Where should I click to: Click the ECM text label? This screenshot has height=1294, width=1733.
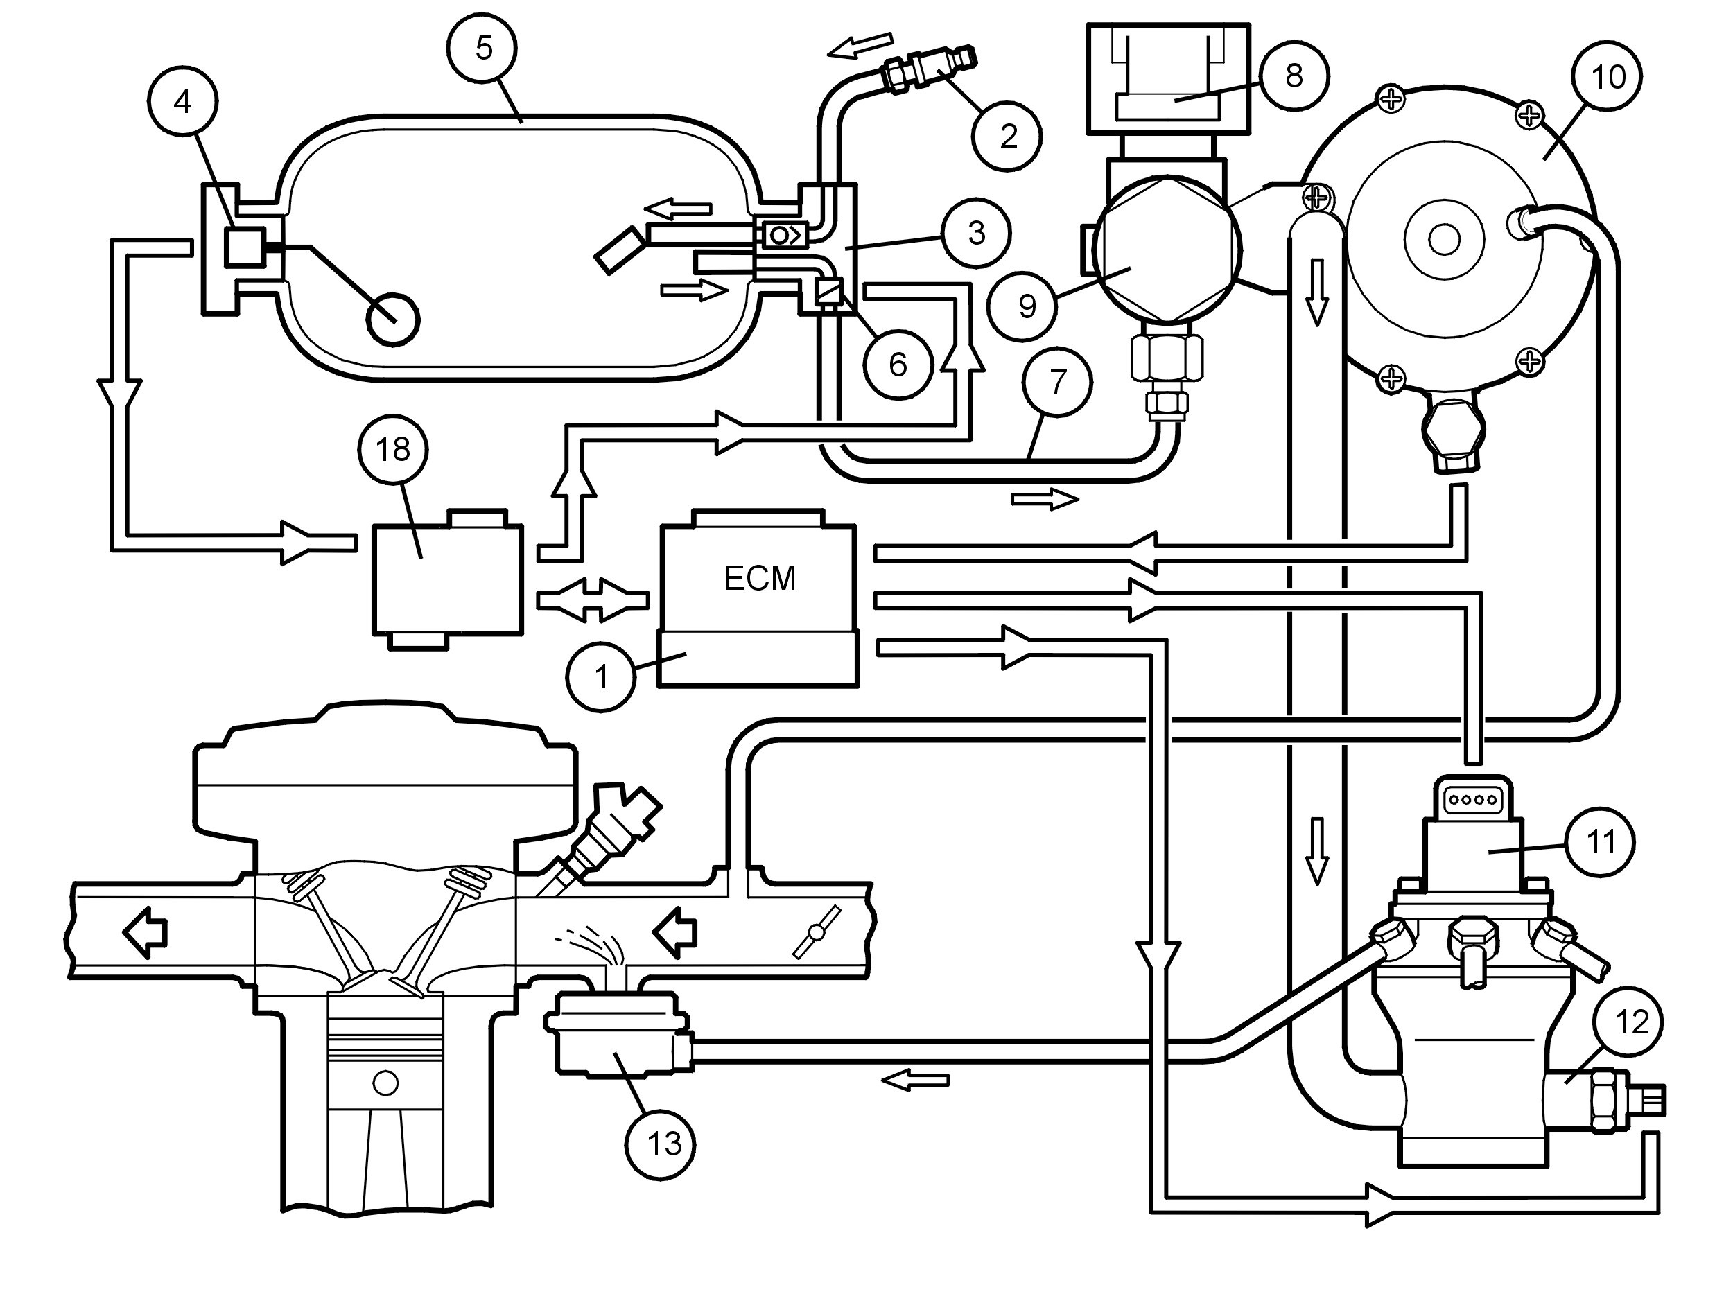(759, 579)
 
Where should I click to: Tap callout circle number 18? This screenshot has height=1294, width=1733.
(392, 450)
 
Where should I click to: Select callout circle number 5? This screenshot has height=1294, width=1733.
(483, 48)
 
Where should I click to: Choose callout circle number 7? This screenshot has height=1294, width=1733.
(1058, 383)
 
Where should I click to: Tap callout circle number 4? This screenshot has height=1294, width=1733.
(182, 102)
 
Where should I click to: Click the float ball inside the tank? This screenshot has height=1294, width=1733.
(393, 320)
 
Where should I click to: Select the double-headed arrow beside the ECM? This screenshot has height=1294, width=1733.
(593, 601)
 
